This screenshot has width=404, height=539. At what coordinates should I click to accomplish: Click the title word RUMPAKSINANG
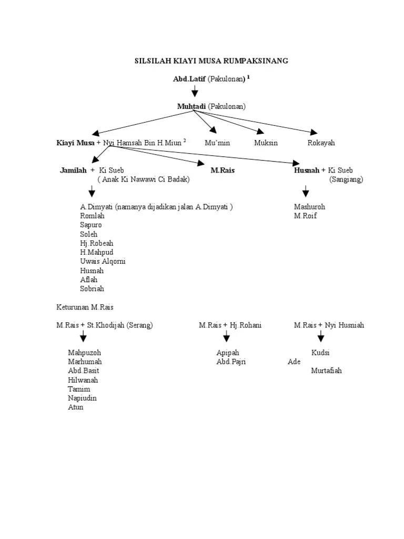tap(257, 61)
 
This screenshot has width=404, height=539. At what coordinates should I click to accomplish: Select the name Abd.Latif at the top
tap(189, 79)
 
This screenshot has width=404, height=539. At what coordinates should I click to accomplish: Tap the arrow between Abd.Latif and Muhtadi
tap(194, 91)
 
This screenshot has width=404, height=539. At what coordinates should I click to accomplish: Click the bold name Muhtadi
tap(191, 106)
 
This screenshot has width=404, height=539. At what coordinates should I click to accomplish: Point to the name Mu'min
tap(217, 143)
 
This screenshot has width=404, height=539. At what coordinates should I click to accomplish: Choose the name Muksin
tap(266, 143)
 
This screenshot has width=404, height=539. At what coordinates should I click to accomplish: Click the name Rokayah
tap(321, 143)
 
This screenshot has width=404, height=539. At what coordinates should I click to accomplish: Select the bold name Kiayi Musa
tap(76, 143)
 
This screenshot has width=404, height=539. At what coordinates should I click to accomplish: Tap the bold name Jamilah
tap(73, 170)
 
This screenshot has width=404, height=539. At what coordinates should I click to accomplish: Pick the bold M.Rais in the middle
tap(223, 170)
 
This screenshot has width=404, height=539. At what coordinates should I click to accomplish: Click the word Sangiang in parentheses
tap(347, 179)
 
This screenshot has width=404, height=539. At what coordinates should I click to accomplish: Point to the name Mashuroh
tap(310, 207)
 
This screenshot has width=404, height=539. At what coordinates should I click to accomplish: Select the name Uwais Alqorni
tap(103, 262)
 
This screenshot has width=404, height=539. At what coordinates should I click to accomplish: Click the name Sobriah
tap(92, 289)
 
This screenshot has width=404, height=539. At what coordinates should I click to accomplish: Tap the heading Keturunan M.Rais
tap(85, 307)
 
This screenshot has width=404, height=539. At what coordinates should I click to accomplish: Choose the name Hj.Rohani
tap(246, 325)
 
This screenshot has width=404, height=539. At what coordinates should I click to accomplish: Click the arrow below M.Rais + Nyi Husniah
tap(321, 337)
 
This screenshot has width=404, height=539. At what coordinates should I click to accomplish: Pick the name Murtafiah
tap(326, 371)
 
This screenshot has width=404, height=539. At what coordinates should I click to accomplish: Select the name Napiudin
tap(82, 398)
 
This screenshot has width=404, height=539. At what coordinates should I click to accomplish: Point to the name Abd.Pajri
tap(231, 362)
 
